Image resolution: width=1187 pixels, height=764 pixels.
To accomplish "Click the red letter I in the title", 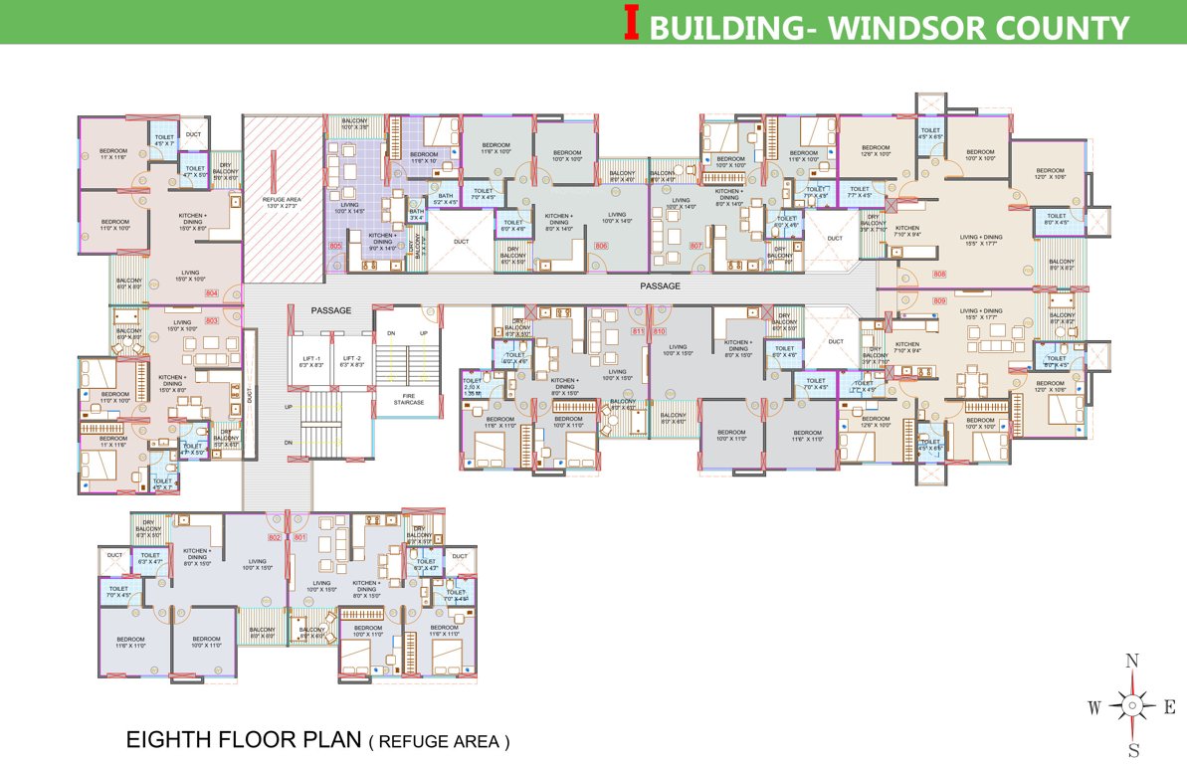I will (x=630, y=23).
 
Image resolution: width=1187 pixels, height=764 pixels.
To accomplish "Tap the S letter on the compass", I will (x=1132, y=750).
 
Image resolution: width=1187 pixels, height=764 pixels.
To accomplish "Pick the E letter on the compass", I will (x=1170, y=707).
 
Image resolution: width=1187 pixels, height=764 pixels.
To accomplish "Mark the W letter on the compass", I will (x=1093, y=707).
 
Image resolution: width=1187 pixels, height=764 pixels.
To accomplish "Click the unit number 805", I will (x=336, y=245).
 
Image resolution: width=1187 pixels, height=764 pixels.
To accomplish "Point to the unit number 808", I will (x=939, y=274).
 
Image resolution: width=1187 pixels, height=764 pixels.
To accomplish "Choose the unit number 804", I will (x=211, y=293).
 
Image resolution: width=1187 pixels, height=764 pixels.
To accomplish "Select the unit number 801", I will (x=299, y=538).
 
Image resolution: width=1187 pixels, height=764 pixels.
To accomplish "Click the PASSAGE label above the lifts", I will (x=330, y=310).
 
